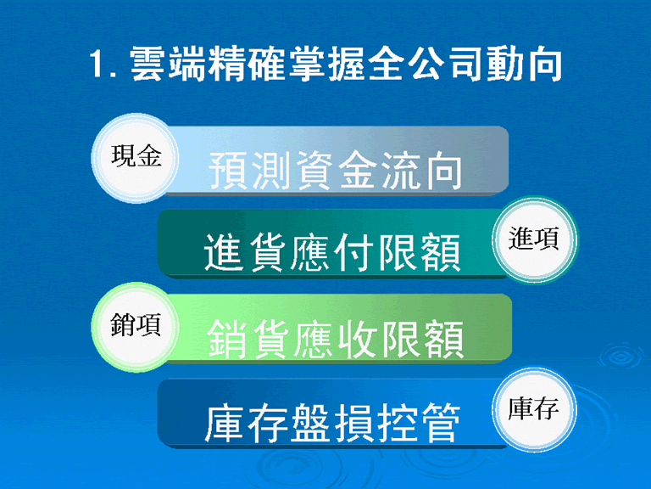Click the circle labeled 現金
(x=136, y=158)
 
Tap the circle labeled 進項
(x=534, y=240)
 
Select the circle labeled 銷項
(x=136, y=327)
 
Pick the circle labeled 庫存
(x=534, y=409)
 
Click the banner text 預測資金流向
(x=335, y=171)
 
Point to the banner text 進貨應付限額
(x=332, y=252)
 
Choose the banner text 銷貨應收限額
(x=335, y=339)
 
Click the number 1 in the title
(x=97, y=64)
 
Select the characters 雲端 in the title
(x=168, y=64)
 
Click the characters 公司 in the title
(x=445, y=64)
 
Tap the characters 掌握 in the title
(x=326, y=64)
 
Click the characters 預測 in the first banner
(x=249, y=171)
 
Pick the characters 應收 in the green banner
(x=335, y=339)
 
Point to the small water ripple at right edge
(x=621, y=357)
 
